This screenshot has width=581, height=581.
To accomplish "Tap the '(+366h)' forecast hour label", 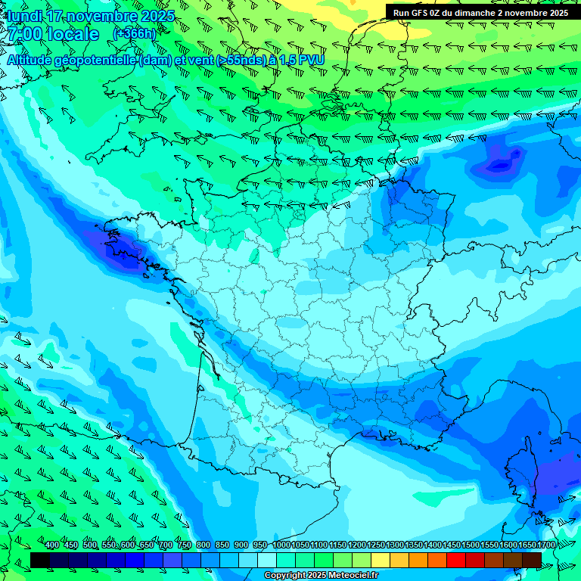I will click(x=134, y=34).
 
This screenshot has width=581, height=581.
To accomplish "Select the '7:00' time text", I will click(x=24, y=35).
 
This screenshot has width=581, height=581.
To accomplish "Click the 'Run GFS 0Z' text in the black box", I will click(x=418, y=13).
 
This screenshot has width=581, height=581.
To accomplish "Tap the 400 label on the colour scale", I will click(x=52, y=545).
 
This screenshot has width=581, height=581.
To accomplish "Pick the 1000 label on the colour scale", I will click(x=281, y=545).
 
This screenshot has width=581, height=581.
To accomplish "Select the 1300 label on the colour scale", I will click(x=395, y=545).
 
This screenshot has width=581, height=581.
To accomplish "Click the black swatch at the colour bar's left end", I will click(x=40, y=559).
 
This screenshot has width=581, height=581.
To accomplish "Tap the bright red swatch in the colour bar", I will click(x=456, y=559).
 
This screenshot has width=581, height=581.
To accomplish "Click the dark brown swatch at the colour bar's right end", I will click(x=532, y=559).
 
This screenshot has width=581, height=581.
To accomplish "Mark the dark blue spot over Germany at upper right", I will click(x=499, y=164).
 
